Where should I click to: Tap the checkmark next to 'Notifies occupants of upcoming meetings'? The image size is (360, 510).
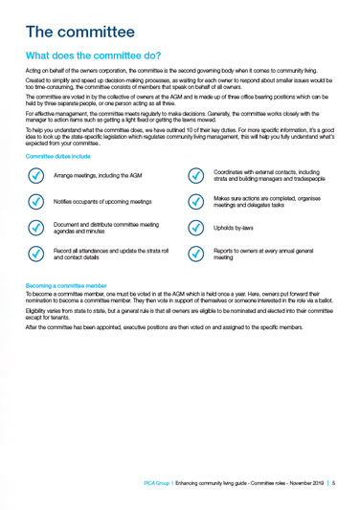(x=35, y=202)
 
